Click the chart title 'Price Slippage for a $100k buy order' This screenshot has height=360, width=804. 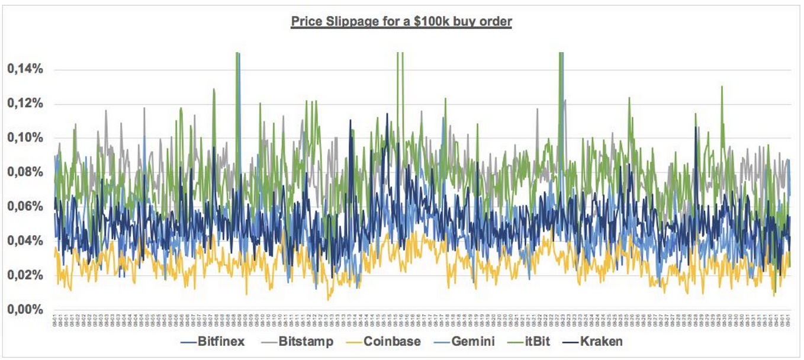point(401,22)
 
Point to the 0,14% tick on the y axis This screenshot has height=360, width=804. point(25,69)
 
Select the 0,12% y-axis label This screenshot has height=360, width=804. point(25,104)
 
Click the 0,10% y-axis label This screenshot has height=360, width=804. point(25,138)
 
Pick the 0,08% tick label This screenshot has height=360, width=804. point(25,172)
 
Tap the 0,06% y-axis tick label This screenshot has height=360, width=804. point(25,207)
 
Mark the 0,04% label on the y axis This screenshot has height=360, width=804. point(25,241)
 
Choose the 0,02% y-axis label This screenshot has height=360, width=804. point(25,275)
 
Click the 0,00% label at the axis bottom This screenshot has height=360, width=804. point(25,310)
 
